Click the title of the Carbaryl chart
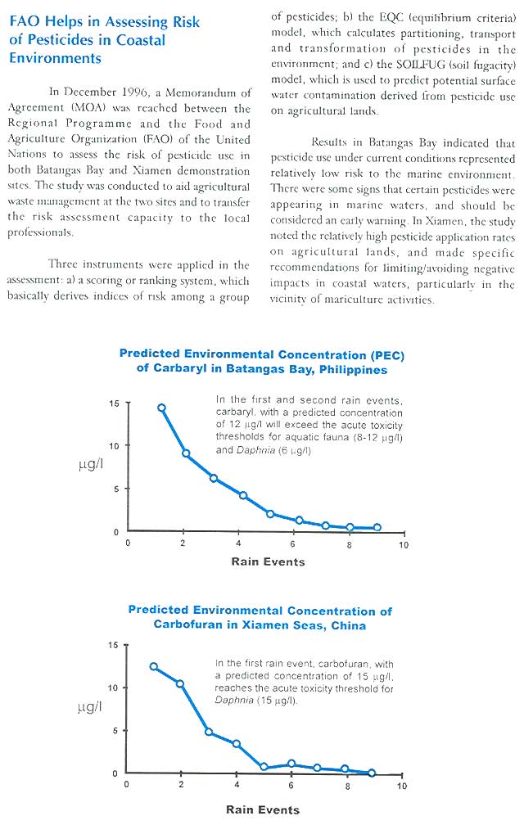tap(261, 362)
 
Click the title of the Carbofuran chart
tap(260, 618)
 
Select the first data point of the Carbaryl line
tap(162, 408)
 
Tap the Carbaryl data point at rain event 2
tap(187, 453)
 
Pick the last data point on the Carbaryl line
tap(377, 528)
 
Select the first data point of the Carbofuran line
tap(154, 666)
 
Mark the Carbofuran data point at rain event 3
tap(209, 732)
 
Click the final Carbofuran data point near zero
tap(373, 773)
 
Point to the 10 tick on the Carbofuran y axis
tap(114, 687)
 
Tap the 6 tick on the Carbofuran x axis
tap(291, 785)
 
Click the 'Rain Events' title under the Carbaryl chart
tap(268, 561)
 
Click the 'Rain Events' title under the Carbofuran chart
tap(263, 809)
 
